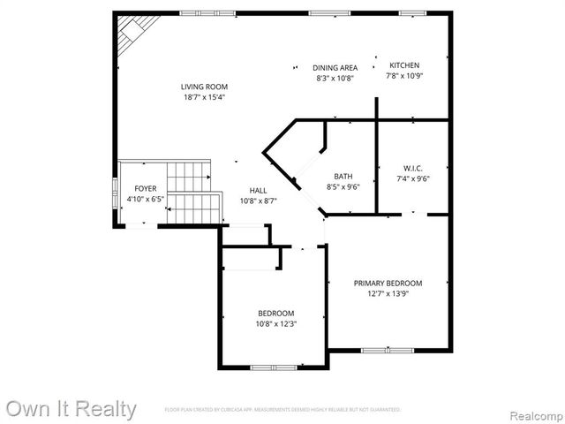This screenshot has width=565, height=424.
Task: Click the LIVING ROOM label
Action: click(204, 87)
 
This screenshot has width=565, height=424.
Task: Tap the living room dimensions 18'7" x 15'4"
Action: click(204, 97)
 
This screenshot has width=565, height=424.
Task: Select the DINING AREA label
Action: click(335, 67)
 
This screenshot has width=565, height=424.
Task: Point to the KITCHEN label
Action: click(405, 65)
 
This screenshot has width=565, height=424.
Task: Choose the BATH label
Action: click(343, 176)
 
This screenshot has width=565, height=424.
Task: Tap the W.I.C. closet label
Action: click(413, 168)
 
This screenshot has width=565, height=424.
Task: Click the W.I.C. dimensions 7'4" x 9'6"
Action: click(413, 178)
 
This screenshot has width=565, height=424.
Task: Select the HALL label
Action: click(258, 190)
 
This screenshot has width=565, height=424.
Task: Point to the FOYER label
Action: click(146, 189)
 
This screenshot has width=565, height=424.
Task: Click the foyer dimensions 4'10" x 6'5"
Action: click(146, 200)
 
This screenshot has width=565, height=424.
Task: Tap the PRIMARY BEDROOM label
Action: click(388, 284)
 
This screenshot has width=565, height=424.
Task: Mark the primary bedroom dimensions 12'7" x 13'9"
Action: click(388, 294)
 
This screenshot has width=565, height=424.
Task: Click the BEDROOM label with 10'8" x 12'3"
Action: click(276, 314)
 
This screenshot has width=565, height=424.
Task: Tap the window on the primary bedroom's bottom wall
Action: click(388, 351)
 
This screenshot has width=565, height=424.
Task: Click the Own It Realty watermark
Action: click(71, 409)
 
